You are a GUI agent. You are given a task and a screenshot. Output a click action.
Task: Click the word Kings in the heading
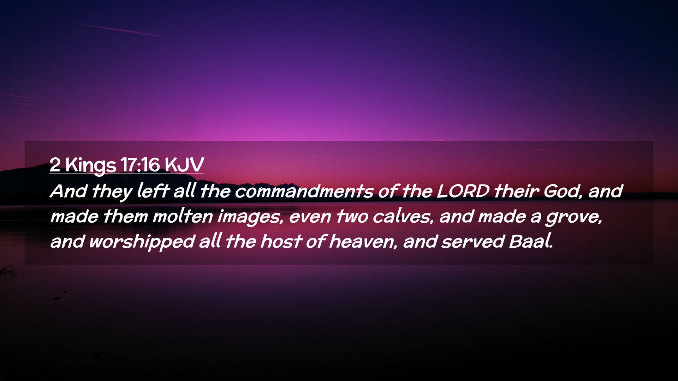pyautogui.click(x=91, y=165)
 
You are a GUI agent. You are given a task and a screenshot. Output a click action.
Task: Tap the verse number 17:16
pyautogui.click(x=140, y=164)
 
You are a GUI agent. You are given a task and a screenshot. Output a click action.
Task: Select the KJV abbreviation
pyautogui.click(x=184, y=164)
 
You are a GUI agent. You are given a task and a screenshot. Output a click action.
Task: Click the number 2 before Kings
pyautogui.click(x=55, y=164)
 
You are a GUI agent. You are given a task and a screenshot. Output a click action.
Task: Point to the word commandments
pyautogui.click(x=304, y=191)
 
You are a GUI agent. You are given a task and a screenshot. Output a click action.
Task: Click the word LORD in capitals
pyautogui.click(x=463, y=191)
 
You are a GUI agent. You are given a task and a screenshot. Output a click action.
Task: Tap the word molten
pyautogui.click(x=183, y=216)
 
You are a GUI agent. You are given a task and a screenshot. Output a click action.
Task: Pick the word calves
pyautogui.click(x=403, y=216)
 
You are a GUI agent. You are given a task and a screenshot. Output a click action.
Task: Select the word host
pyautogui.click(x=281, y=242)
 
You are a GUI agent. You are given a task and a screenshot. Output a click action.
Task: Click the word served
pyautogui.click(x=473, y=242)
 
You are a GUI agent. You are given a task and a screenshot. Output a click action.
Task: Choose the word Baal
pyautogui.click(x=531, y=242)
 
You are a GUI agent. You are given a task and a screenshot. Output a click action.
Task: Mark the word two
pyautogui.click(x=351, y=216)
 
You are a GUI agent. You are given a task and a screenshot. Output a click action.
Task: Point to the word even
pyautogui.click(x=310, y=217)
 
